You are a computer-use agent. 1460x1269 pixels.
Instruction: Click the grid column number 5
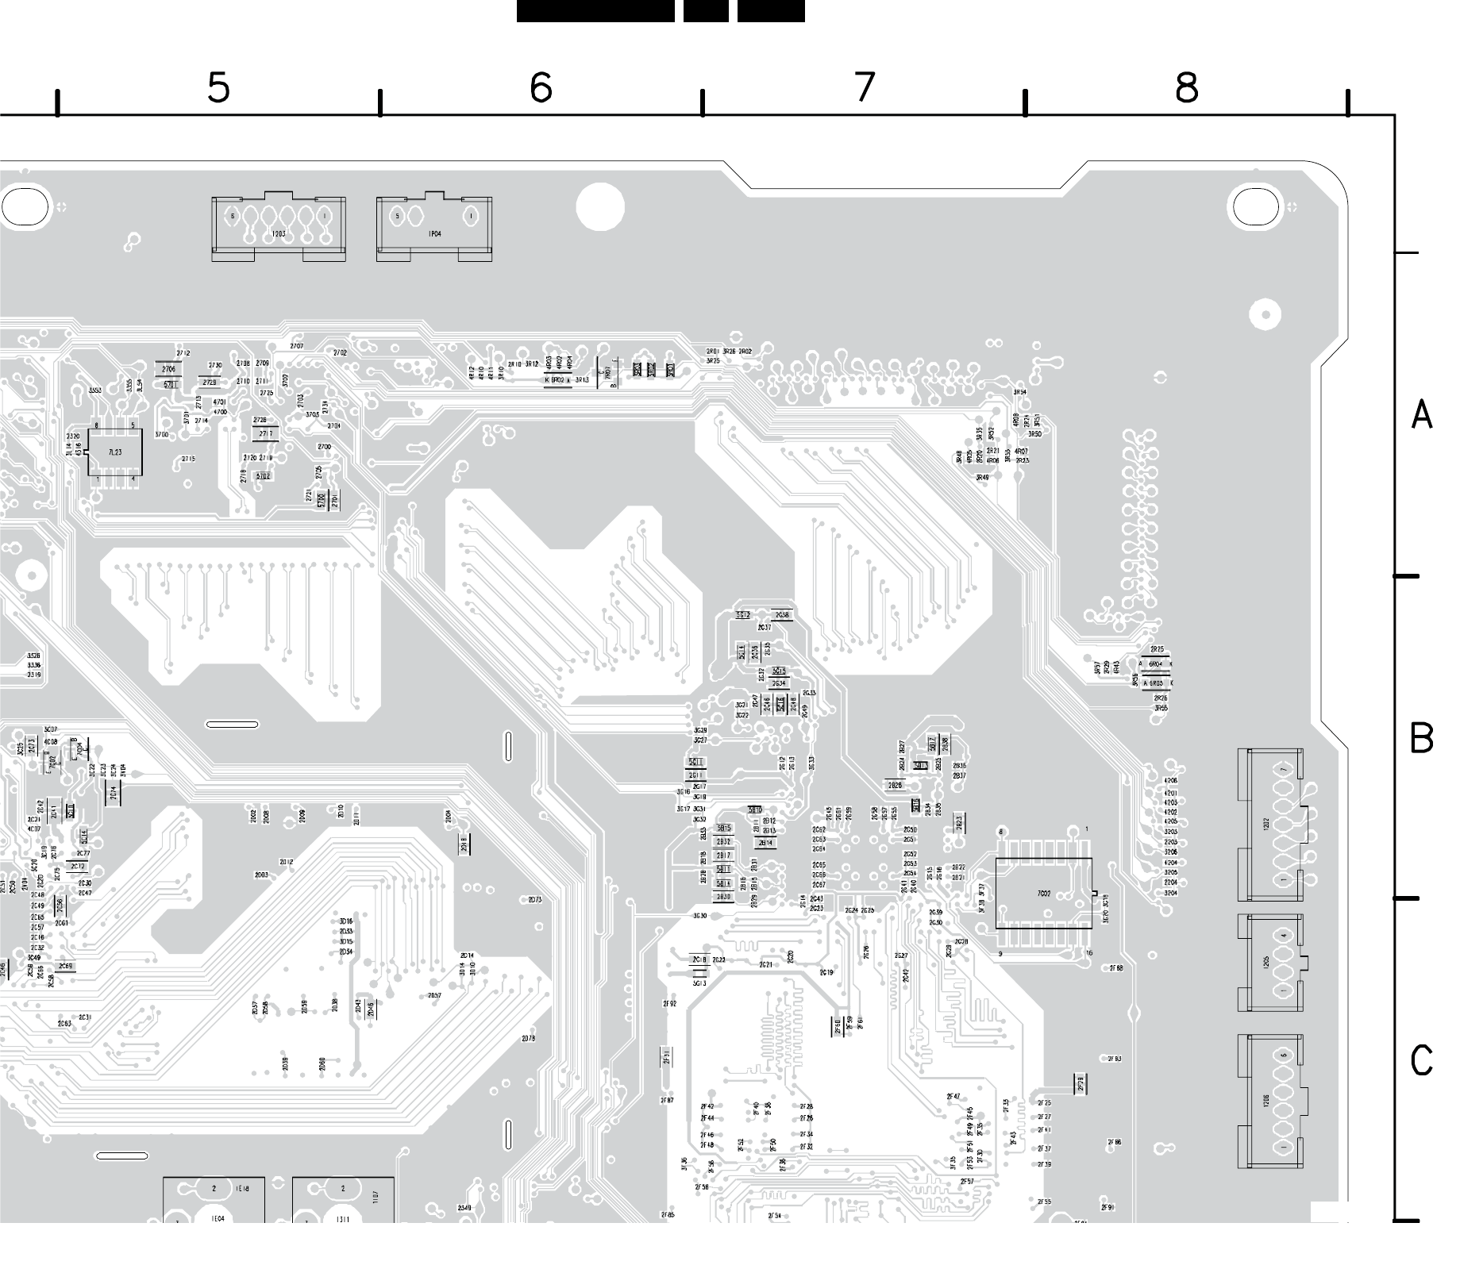pyautogui.click(x=218, y=87)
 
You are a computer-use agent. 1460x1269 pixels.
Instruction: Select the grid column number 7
pyautogui.click(x=865, y=87)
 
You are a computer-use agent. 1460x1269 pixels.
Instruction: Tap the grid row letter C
pyautogui.click(x=1421, y=1060)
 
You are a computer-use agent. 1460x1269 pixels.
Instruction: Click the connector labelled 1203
pyautogui.click(x=279, y=229)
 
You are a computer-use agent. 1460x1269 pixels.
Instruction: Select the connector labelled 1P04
pyautogui.click(x=434, y=229)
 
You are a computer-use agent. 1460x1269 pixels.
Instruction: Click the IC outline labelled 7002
pyautogui.click(x=1043, y=894)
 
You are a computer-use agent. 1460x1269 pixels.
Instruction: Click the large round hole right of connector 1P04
pyautogui.click(x=600, y=207)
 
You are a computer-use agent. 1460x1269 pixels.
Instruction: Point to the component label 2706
pyautogui.click(x=168, y=370)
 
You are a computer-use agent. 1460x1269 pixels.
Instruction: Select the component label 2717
pyautogui.click(x=265, y=433)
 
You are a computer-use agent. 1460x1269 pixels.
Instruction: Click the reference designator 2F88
pyautogui.click(x=1115, y=968)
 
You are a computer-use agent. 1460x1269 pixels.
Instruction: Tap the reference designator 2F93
pyautogui.click(x=1114, y=1059)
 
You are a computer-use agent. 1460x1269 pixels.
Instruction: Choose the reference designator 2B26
pyautogui.click(x=895, y=786)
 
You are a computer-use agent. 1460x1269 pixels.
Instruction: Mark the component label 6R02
pyautogui.click(x=558, y=380)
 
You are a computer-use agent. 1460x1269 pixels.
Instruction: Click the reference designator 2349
pyautogui.click(x=464, y=1208)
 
